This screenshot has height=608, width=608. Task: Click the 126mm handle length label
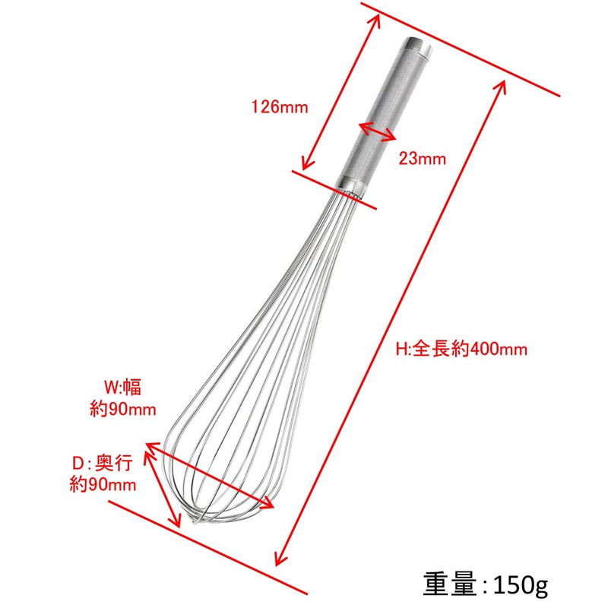280,106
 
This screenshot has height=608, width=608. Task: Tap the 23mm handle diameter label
423,159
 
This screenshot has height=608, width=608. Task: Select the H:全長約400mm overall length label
461,349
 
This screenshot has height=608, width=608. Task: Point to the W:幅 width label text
123,387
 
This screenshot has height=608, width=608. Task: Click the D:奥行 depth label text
103,463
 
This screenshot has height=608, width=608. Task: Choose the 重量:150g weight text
485,584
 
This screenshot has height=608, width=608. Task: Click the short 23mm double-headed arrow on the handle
377,131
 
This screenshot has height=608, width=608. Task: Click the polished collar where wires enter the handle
352,185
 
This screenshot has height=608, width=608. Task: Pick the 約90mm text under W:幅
123,409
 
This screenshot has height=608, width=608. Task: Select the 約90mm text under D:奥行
103,484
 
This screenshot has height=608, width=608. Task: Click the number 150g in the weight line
521,584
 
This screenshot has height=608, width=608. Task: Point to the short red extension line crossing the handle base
334,189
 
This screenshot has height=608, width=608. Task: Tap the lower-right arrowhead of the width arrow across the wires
268,503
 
